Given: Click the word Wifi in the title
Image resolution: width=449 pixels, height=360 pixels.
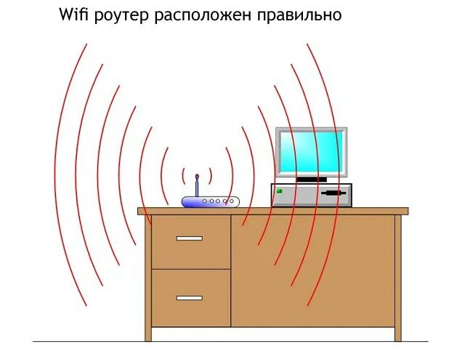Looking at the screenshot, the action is (x=75, y=15).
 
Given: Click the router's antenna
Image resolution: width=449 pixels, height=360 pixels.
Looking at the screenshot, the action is (x=197, y=188).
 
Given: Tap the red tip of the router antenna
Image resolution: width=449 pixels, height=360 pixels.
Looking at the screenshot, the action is (x=197, y=176).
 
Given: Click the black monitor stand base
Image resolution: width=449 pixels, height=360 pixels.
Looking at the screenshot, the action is (x=312, y=179).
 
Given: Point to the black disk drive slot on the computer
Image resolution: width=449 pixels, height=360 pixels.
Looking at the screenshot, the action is (x=331, y=194).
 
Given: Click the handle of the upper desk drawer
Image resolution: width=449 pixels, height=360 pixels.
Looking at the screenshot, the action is (x=189, y=238).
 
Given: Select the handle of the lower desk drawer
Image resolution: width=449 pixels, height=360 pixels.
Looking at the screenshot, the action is (x=189, y=297).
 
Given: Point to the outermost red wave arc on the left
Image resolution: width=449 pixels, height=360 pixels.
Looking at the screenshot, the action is (x=62, y=175).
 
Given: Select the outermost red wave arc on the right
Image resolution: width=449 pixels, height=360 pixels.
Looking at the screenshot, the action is (x=336, y=175).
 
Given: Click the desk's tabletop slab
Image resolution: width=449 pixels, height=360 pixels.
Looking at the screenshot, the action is (x=272, y=211).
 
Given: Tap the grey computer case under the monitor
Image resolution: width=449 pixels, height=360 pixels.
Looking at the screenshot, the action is (x=311, y=195).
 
